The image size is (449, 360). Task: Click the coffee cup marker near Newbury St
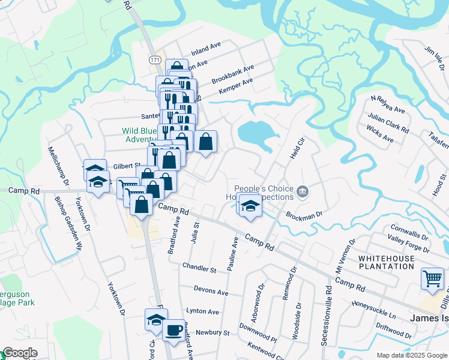(x=173, y=330)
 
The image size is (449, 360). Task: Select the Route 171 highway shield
(x=155, y=60)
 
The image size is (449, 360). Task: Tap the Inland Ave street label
(x=206, y=47)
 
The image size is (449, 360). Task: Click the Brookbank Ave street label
(x=233, y=74)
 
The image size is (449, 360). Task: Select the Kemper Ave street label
(x=236, y=85)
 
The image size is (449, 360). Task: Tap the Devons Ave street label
(x=211, y=292)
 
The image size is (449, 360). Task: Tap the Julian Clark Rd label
(x=390, y=121)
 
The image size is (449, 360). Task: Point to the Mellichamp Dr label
(x=58, y=166)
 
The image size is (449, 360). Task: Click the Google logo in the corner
(x=20, y=353)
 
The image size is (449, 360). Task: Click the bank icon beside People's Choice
(x=303, y=192)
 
